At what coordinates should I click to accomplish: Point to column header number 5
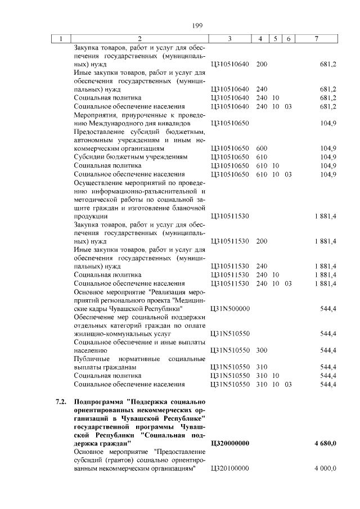coord(276,38)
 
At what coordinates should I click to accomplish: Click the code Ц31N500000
coord(229,309)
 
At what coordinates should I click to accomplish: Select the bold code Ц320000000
coord(230,444)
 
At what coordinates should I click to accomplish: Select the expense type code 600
coord(261,148)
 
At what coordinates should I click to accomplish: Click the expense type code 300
coord(261,350)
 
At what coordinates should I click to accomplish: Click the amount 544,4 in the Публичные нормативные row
coord(328,367)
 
